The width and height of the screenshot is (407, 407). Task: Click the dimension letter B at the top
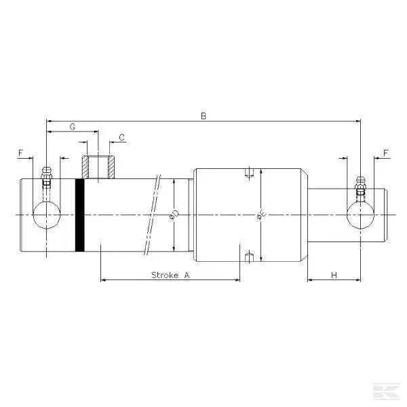point(203,116)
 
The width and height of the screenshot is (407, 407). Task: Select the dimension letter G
point(72,127)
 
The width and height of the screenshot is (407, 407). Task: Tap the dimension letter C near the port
point(121,138)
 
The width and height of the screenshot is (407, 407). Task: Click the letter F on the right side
point(386,153)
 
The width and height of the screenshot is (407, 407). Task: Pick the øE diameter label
point(260,215)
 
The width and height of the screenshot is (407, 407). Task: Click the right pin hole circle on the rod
point(360,215)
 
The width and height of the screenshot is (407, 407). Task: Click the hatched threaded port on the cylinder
point(96,167)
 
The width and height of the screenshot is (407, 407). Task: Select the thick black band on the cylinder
point(80,215)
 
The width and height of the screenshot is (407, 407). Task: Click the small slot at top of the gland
point(249,172)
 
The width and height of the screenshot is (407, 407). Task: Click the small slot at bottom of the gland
point(249,257)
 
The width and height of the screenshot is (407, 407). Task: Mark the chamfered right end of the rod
point(388,215)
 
